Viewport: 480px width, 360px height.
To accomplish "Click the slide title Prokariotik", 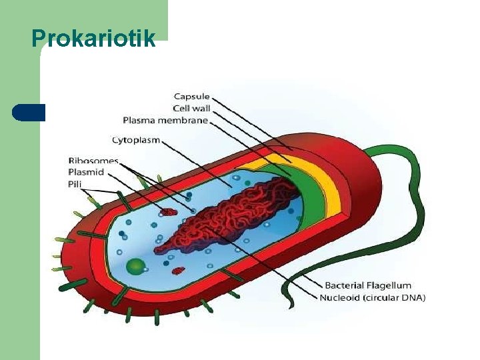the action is click(93, 37).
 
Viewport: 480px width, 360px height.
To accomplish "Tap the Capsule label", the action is click(193, 97).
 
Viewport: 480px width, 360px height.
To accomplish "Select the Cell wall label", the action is click(191, 109).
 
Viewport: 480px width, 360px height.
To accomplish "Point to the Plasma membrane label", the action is click(165, 121).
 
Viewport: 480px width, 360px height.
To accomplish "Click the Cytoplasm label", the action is click(135, 140).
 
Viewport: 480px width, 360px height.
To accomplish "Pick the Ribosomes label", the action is click(93, 161).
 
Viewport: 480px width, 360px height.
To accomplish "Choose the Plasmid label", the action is click(86, 172).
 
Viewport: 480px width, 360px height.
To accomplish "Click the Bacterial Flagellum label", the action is click(368, 285).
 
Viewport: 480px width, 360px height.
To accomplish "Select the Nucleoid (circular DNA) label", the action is click(372, 297).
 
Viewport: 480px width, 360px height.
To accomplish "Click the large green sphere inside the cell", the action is click(136, 267).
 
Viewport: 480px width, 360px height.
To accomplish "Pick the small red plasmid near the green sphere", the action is click(178, 271).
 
